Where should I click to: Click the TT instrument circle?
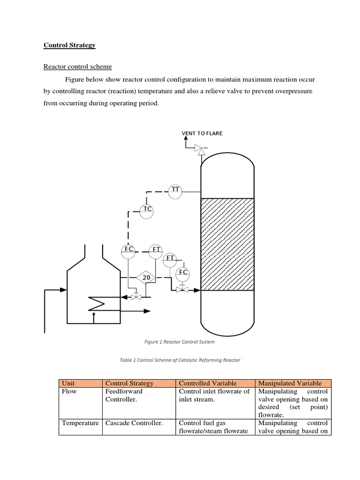(175, 190)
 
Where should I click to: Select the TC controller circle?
(147, 210)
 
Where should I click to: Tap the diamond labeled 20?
(146, 278)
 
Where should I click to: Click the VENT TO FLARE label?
(202, 134)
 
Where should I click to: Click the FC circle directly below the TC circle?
(128, 250)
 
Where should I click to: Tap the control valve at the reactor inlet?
(180, 290)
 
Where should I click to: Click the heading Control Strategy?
(69, 45)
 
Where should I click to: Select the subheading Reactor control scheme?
(77, 67)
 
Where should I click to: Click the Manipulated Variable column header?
(290, 383)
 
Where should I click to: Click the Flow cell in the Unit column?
(69, 391)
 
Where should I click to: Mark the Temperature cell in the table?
(80, 423)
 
